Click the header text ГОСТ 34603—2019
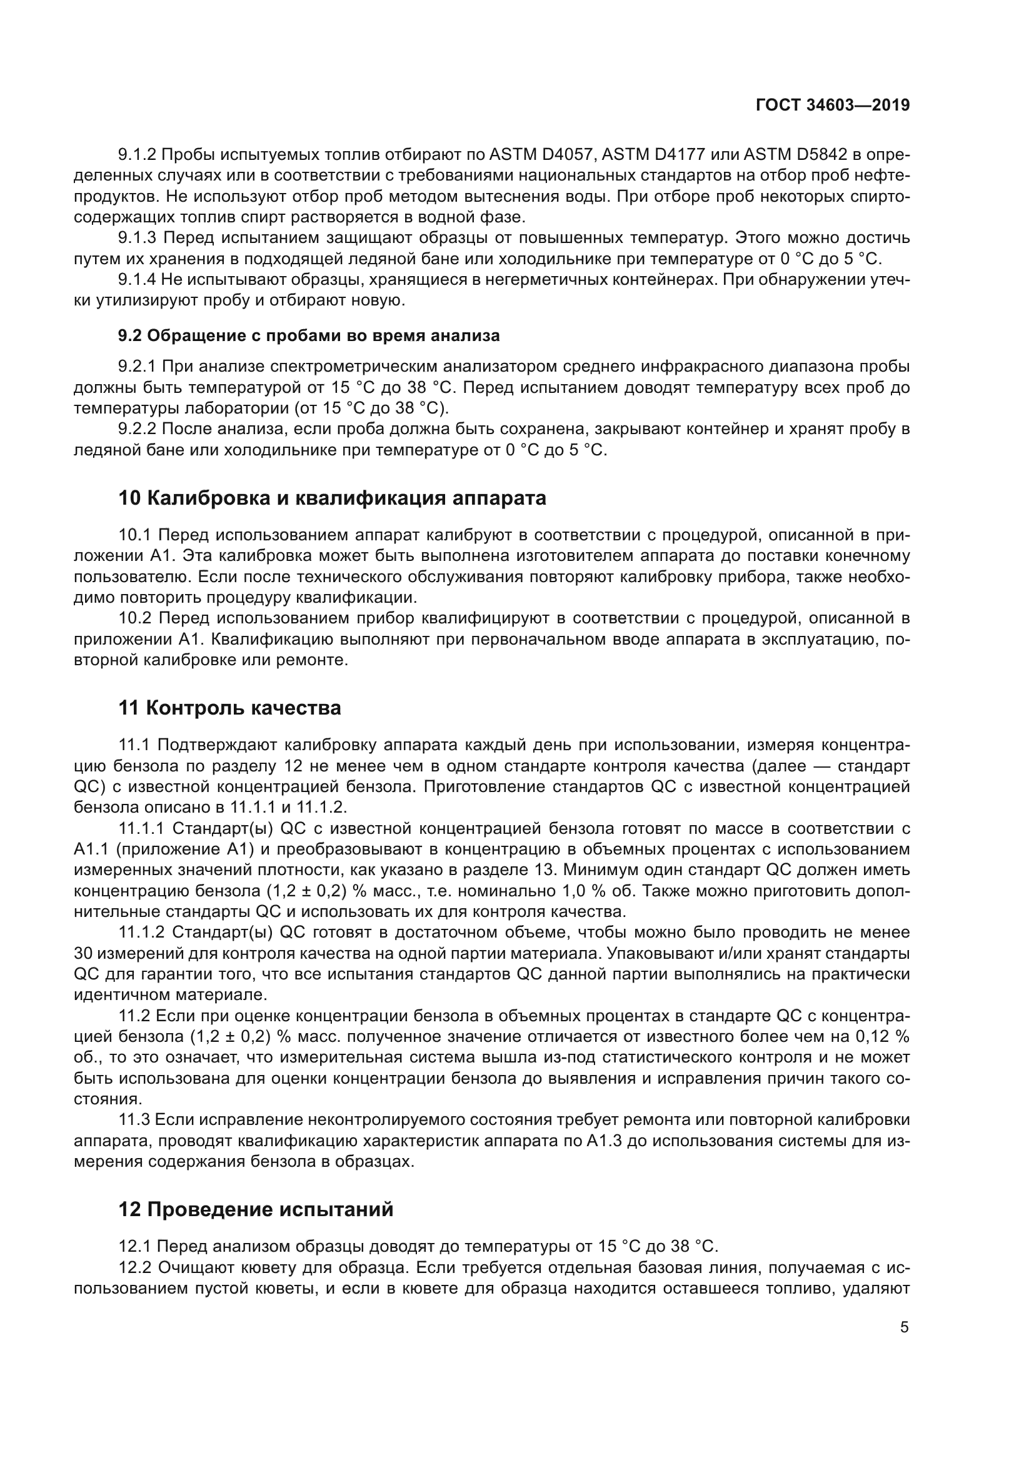[833, 105]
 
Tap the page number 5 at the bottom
[904, 1327]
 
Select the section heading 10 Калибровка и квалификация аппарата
[332, 498]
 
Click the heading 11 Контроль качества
[229, 708]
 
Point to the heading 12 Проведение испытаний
[255, 1209]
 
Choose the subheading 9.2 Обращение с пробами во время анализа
[309, 335]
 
